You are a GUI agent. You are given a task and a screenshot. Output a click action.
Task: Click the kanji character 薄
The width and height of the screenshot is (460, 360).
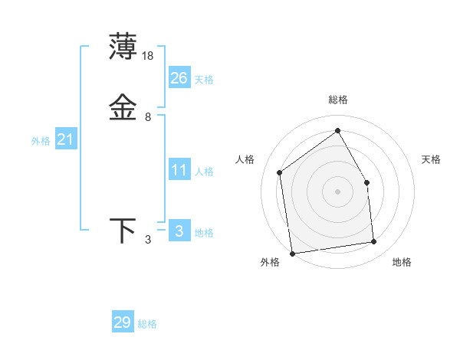click(x=123, y=47)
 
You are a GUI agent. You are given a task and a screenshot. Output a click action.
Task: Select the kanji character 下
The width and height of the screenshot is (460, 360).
click(x=123, y=230)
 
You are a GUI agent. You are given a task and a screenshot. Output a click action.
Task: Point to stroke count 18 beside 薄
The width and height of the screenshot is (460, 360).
click(x=149, y=56)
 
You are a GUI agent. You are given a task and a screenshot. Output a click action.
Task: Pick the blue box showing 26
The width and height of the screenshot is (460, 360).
click(x=179, y=77)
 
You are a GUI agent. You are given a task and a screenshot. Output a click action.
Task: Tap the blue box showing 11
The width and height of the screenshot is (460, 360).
click(x=179, y=170)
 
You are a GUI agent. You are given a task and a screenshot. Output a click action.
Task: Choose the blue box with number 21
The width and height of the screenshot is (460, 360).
click(x=66, y=139)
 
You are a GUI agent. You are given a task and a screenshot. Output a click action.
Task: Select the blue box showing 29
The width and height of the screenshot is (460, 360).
click(x=123, y=322)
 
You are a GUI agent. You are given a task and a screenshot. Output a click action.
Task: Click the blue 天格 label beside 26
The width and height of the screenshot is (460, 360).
click(x=204, y=80)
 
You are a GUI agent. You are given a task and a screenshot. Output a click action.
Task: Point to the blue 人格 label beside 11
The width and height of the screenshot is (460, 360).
click(x=205, y=172)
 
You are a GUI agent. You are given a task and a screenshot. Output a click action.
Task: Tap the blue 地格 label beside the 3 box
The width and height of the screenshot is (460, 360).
click(x=204, y=233)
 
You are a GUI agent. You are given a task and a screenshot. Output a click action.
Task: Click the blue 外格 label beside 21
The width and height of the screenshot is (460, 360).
click(x=41, y=141)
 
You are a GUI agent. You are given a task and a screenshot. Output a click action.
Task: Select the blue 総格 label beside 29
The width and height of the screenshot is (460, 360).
click(x=147, y=324)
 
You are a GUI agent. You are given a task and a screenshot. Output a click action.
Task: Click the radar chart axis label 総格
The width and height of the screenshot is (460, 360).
click(x=338, y=100)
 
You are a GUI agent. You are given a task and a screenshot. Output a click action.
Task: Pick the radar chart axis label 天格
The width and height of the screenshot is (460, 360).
click(x=432, y=159)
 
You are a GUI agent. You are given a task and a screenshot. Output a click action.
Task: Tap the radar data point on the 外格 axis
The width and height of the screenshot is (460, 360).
click(x=292, y=253)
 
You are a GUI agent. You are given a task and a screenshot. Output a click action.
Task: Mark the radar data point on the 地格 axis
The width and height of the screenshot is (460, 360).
click(x=374, y=242)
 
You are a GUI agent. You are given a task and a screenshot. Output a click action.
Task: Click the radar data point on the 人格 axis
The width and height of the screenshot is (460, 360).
click(x=280, y=172)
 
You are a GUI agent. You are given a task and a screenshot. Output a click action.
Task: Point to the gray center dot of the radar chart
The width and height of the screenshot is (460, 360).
click(x=337, y=191)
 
